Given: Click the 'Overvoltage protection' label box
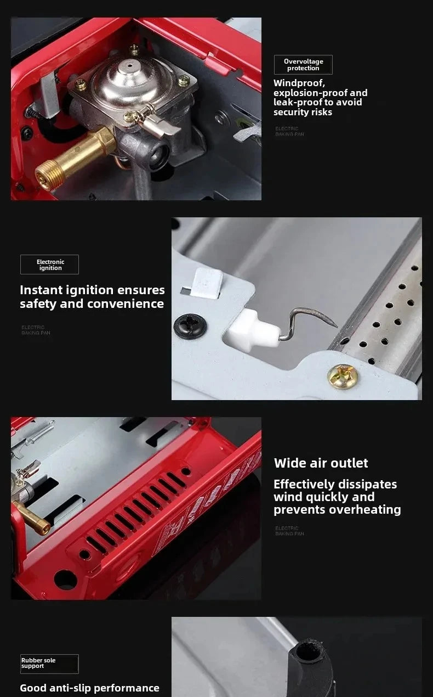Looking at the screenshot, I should (303, 65).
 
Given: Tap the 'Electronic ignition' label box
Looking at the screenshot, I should (50, 265).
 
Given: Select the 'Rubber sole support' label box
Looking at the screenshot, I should (49, 664).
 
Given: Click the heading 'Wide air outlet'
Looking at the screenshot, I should (321, 463).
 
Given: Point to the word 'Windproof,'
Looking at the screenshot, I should (299, 83).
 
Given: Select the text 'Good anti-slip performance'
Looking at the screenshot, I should (89, 688).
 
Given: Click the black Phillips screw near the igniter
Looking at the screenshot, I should (190, 325).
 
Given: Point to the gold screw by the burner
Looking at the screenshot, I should (340, 376).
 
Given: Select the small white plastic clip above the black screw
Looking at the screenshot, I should (207, 283).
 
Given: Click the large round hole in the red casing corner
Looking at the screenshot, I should (65, 580).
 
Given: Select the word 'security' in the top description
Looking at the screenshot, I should (296, 112).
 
